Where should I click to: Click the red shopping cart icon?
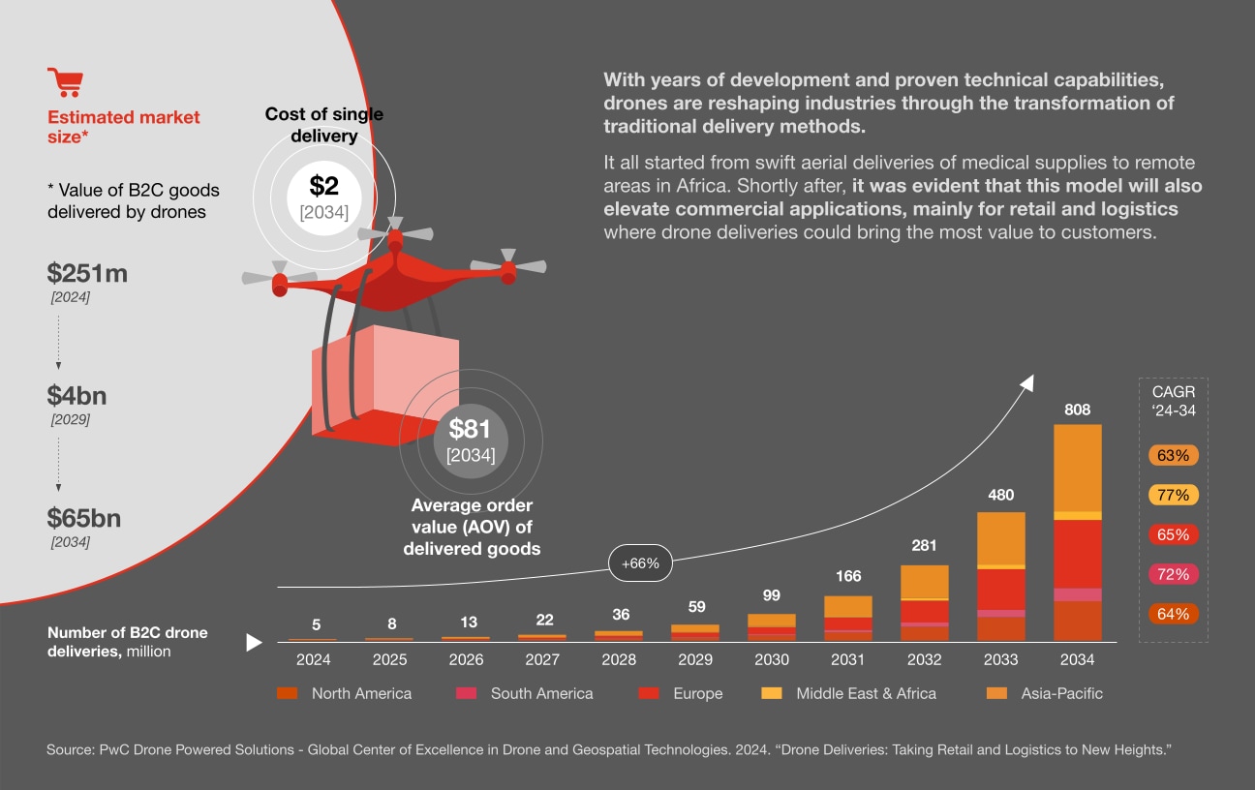[65, 83]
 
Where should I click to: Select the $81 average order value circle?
[470, 440]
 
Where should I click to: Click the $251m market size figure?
[88, 274]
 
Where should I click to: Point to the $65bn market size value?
[84, 518]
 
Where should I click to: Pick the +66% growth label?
[640, 563]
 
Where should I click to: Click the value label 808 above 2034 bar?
[1077, 409]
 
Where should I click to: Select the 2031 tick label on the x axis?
[847, 660]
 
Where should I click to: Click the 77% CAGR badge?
[1174, 495]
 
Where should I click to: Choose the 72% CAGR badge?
[1174, 574]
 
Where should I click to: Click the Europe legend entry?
[681, 693]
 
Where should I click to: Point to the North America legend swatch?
[288, 693]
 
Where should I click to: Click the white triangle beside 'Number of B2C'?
[255, 642]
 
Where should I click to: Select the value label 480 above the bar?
[1000, 495]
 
